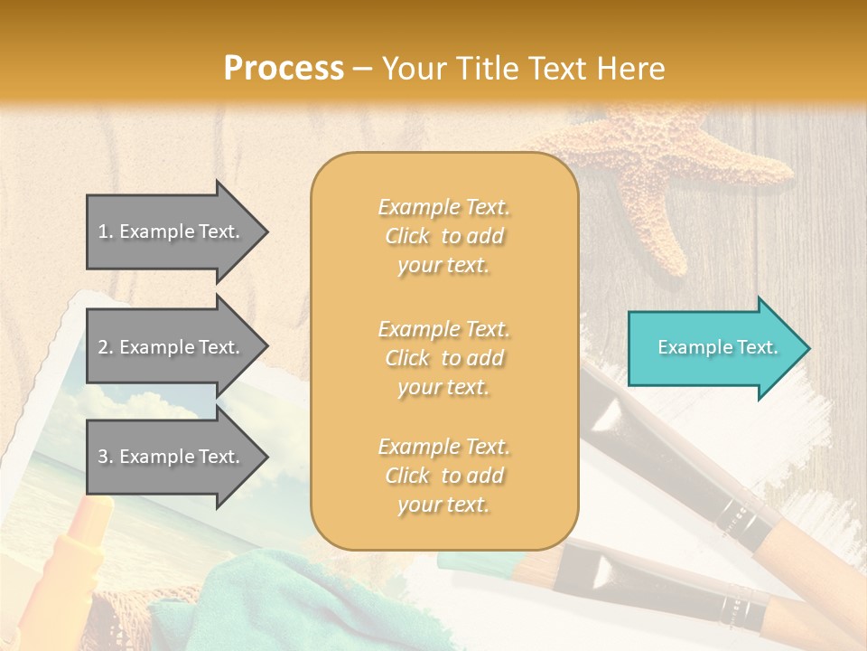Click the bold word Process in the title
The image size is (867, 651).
pyautogui.click(x=284, y=68)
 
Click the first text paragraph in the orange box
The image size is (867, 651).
pyautogui.click(x=443, y=236)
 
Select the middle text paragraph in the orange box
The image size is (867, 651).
pyautogui.click(x=443, y=358)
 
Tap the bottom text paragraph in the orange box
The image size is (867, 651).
pyautogui.click(x=443, y=476)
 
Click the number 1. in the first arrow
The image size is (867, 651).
pyautogui.click(x=106, y=231)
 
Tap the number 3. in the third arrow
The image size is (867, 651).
pyautogui.click(x=106, y=457)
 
